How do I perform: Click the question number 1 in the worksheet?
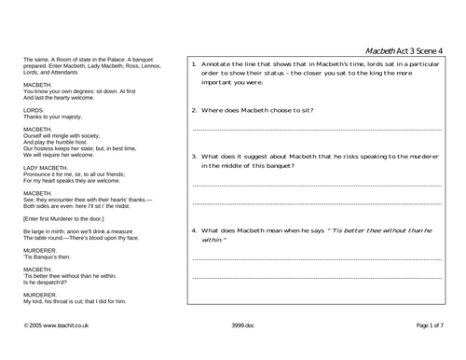[x=193, y=63]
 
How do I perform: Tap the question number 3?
[x=193, y=156]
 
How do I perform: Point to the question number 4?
[x=193, y=229]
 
